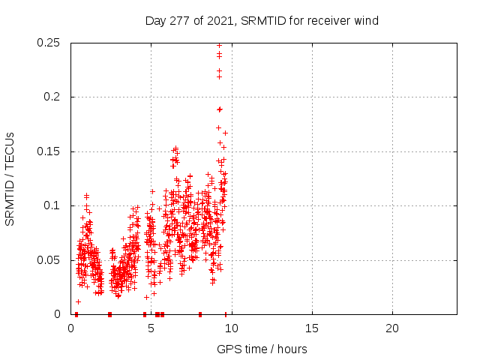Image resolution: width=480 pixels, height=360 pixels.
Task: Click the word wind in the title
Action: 365,21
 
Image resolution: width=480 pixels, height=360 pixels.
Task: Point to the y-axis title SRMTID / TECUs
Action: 10,178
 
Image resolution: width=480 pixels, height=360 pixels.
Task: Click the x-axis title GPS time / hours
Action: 262,349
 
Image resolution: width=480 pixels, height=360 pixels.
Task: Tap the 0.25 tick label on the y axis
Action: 49,43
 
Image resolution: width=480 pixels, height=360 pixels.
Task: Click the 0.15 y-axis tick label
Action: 49,151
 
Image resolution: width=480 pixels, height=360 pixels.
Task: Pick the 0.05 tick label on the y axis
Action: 49,260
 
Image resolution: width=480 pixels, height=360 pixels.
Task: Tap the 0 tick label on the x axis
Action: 71,328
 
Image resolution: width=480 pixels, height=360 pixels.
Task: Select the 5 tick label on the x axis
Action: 151,328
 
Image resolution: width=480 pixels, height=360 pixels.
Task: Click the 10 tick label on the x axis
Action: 232,328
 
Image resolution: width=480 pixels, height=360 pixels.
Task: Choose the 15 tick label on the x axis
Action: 312,328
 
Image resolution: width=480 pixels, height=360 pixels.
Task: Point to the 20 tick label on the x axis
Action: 392,328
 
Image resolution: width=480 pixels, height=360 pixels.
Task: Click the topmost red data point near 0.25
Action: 219,45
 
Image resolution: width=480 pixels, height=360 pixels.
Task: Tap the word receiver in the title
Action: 327,21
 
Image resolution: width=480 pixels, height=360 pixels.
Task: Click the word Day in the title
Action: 154,21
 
